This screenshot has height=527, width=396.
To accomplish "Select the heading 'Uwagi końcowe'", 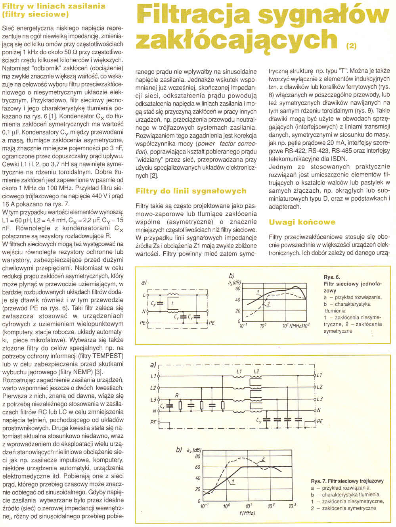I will [x=302, y=222].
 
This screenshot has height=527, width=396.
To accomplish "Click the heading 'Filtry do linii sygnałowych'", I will [x=191, y=191].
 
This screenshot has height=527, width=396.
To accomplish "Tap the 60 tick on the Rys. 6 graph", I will [x=238, y=289].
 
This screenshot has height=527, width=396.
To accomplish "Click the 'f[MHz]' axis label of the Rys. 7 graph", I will [x=247, y=513].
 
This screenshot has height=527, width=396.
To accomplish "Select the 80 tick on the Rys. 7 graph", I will [x=198, y=456].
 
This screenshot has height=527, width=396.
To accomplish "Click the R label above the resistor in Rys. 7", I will [x=177, y=395].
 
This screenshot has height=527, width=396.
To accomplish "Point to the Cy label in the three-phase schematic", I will [x=258, y=420].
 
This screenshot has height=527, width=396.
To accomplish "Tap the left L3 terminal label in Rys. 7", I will [x=153, y=399].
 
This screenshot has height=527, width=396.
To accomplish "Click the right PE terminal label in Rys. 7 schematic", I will [x=319, y=422].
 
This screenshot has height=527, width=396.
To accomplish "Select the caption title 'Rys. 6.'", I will [x=332, y=277].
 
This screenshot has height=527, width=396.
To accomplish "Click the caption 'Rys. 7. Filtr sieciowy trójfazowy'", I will [x=347, y=481].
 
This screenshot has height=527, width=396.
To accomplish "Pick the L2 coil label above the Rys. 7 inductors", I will [x=256, y=372].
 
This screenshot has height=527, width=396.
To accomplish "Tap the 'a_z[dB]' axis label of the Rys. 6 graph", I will [x=235, y=282].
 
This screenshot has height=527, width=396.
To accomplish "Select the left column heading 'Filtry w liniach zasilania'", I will [x=54, y=6].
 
